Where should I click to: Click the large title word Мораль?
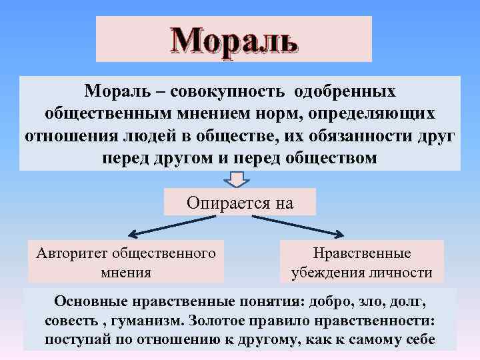click(234, 41)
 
